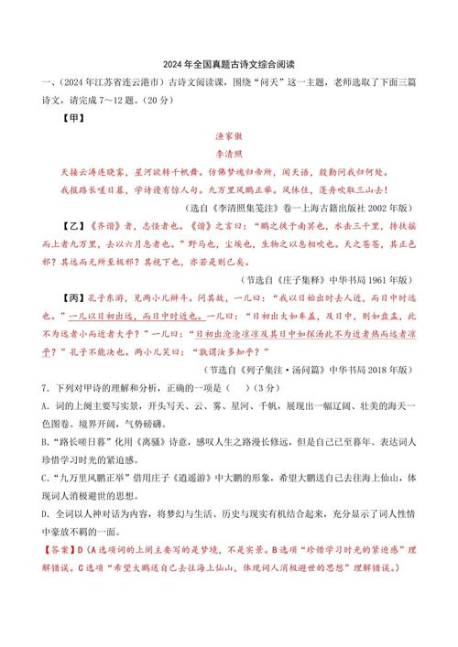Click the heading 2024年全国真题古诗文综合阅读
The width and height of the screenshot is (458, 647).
pyautogui.click(x=229, y=65)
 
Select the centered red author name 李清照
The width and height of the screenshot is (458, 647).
pyautogui.click(x=229, y=156)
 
